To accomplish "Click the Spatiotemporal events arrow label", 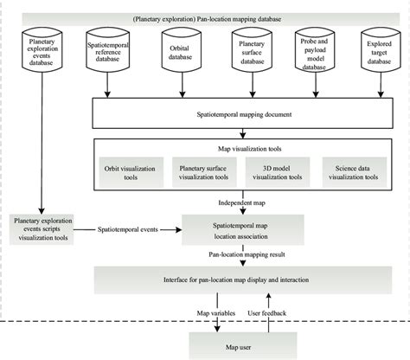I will (x=128, y=230).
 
